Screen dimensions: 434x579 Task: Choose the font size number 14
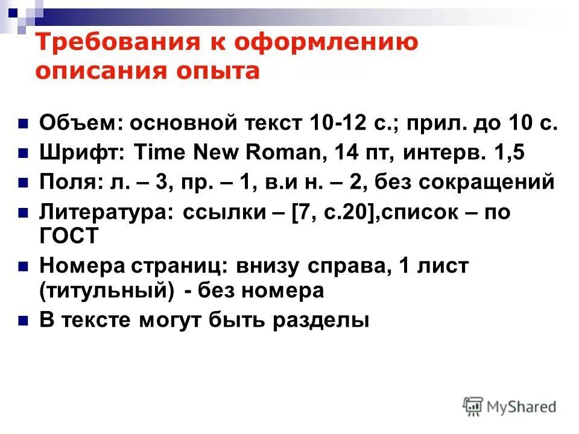[x=344, y=152]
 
